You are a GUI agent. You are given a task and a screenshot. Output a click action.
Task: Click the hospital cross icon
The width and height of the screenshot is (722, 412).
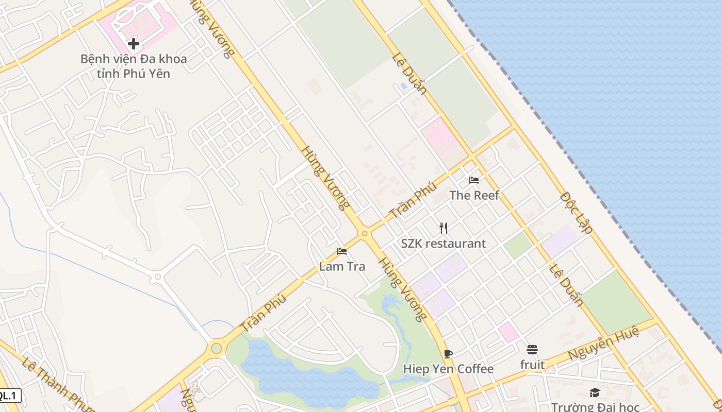click(x=134, y=44)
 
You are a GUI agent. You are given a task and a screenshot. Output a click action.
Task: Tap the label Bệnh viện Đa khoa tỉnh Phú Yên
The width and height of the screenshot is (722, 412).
click(x=134, y=66)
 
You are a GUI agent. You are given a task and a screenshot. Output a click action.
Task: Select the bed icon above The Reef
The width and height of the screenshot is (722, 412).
click(x=474, y=180)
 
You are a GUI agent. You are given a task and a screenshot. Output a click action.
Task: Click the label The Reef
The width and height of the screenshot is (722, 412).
click(x=474, y=195)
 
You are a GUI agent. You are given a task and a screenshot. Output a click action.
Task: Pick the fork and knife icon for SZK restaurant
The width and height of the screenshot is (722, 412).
click(x=444, y=228)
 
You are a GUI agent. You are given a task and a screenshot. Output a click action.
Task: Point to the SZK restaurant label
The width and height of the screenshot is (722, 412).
click(x=444, y=244)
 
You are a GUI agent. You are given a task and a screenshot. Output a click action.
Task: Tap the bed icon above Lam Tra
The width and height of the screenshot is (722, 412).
click(x=342, y=251)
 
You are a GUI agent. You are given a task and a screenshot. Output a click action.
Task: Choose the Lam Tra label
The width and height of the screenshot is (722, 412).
click(x=342, y=266)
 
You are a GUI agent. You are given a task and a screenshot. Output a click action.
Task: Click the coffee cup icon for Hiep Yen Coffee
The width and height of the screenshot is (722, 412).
click(x=448, y=354)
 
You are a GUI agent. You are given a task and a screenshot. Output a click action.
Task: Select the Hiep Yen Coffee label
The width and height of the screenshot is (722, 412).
click(x=448, y=369)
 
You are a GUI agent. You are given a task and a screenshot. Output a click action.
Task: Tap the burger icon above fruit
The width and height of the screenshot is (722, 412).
click(x=532, y=350)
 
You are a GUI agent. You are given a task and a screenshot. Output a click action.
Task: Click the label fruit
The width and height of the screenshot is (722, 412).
click(x=532, y=365)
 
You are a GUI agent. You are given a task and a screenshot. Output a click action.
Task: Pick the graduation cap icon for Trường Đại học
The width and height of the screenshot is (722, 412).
click(x=595, y=393)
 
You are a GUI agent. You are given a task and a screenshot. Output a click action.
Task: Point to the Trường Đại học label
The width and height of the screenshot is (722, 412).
click(x=595, y=407)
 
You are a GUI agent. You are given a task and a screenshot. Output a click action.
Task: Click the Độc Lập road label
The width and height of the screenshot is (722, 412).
click(x=576, y=213)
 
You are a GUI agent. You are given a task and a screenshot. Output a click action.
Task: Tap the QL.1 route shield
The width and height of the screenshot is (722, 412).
click(x=9, y=396)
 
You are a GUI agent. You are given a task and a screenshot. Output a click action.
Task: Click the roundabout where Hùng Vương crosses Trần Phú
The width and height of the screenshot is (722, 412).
click(x=365, y=233)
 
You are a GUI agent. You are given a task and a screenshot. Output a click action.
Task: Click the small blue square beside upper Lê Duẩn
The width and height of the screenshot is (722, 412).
click(x=403, y=86)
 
